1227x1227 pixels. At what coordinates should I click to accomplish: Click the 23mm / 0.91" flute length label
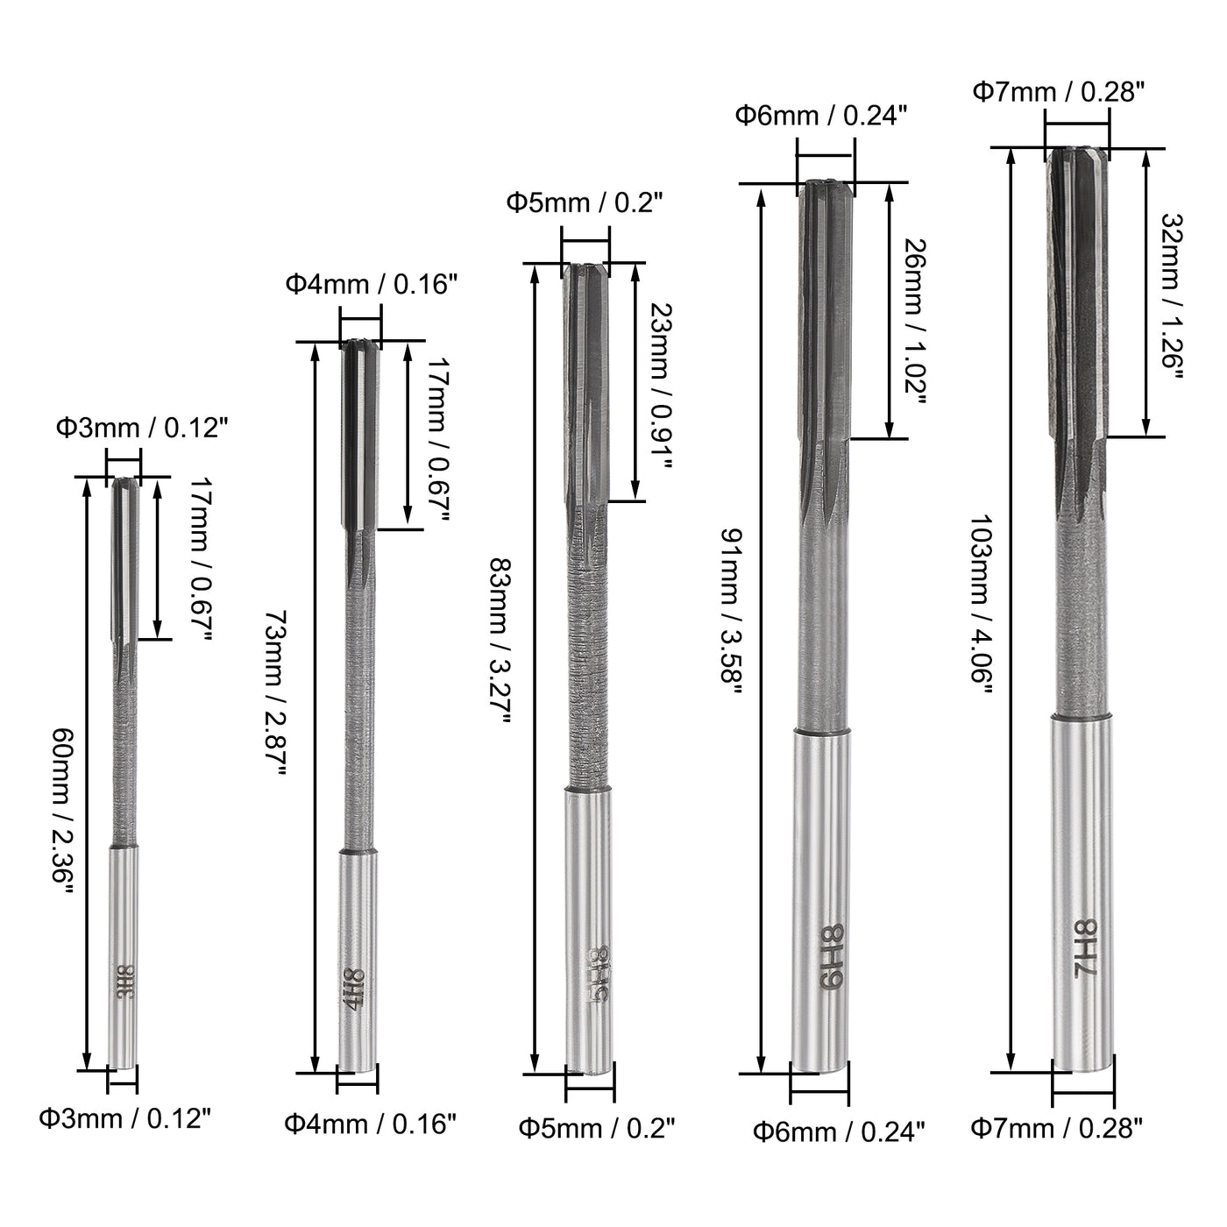point(663,386)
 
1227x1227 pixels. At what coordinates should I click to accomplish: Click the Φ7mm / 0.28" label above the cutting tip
point(1059,91)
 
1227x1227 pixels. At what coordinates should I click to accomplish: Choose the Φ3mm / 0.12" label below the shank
point(125,1118)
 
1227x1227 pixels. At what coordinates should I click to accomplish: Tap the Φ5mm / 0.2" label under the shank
point(597,1128)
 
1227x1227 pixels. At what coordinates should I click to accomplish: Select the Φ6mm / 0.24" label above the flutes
point(820,115)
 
